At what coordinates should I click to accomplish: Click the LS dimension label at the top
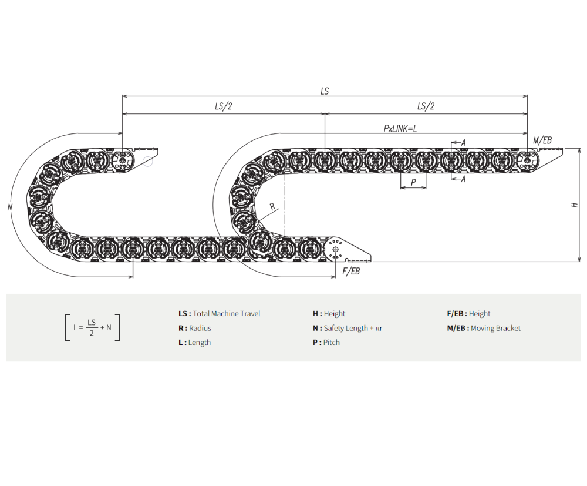325,91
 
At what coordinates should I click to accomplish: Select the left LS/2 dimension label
224,106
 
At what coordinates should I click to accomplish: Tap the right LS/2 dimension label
426,106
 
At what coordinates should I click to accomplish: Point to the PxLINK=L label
400,129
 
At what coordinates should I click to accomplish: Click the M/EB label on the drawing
542,140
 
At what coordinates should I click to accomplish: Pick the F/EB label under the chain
351,270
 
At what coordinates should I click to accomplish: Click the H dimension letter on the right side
574,205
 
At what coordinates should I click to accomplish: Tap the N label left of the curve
10,207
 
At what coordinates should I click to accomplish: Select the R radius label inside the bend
272,206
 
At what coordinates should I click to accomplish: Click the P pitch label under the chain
413,182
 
